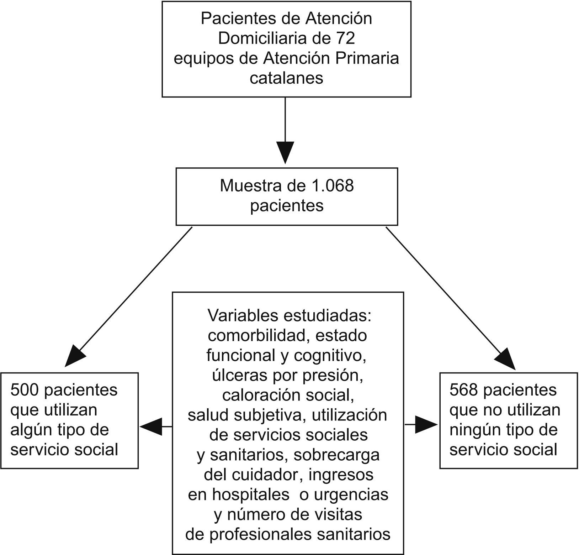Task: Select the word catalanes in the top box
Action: (x=286, y=78)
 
